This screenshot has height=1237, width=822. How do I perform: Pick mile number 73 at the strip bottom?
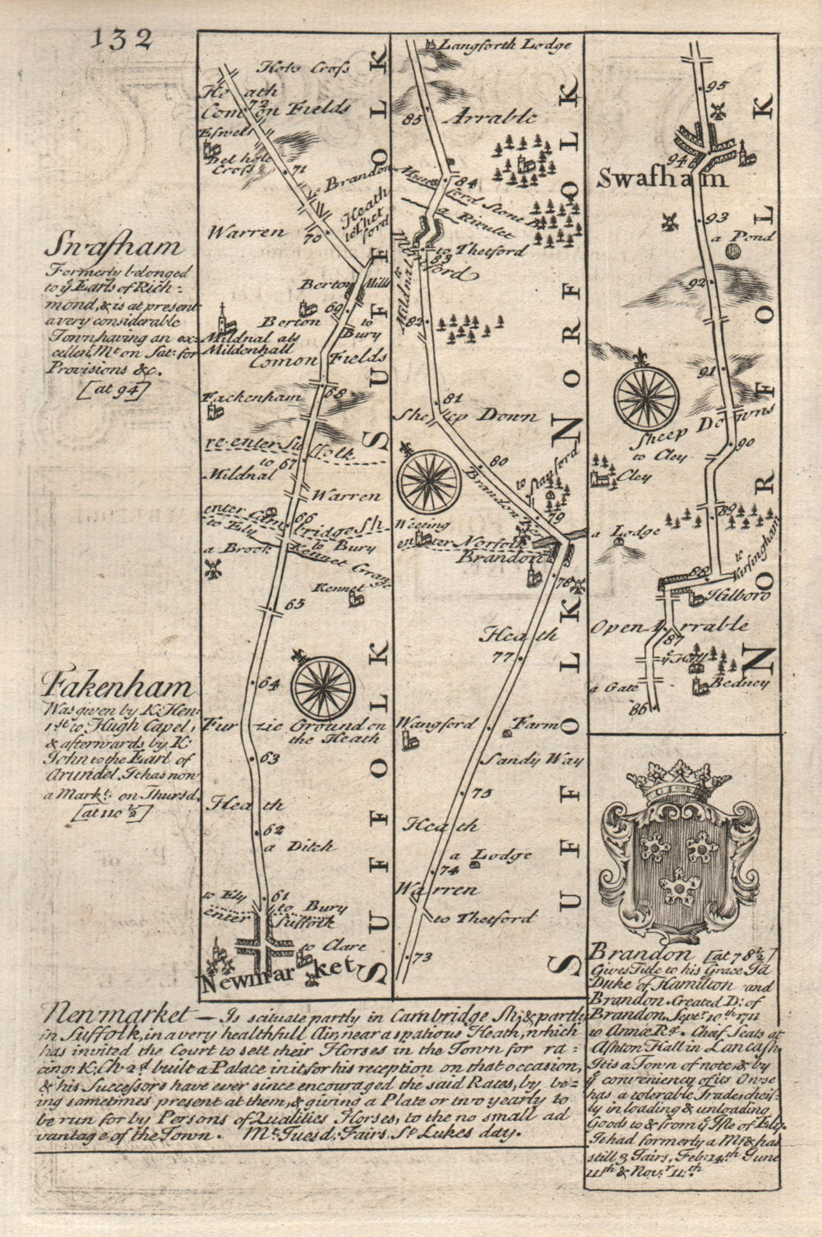(423, 957)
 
